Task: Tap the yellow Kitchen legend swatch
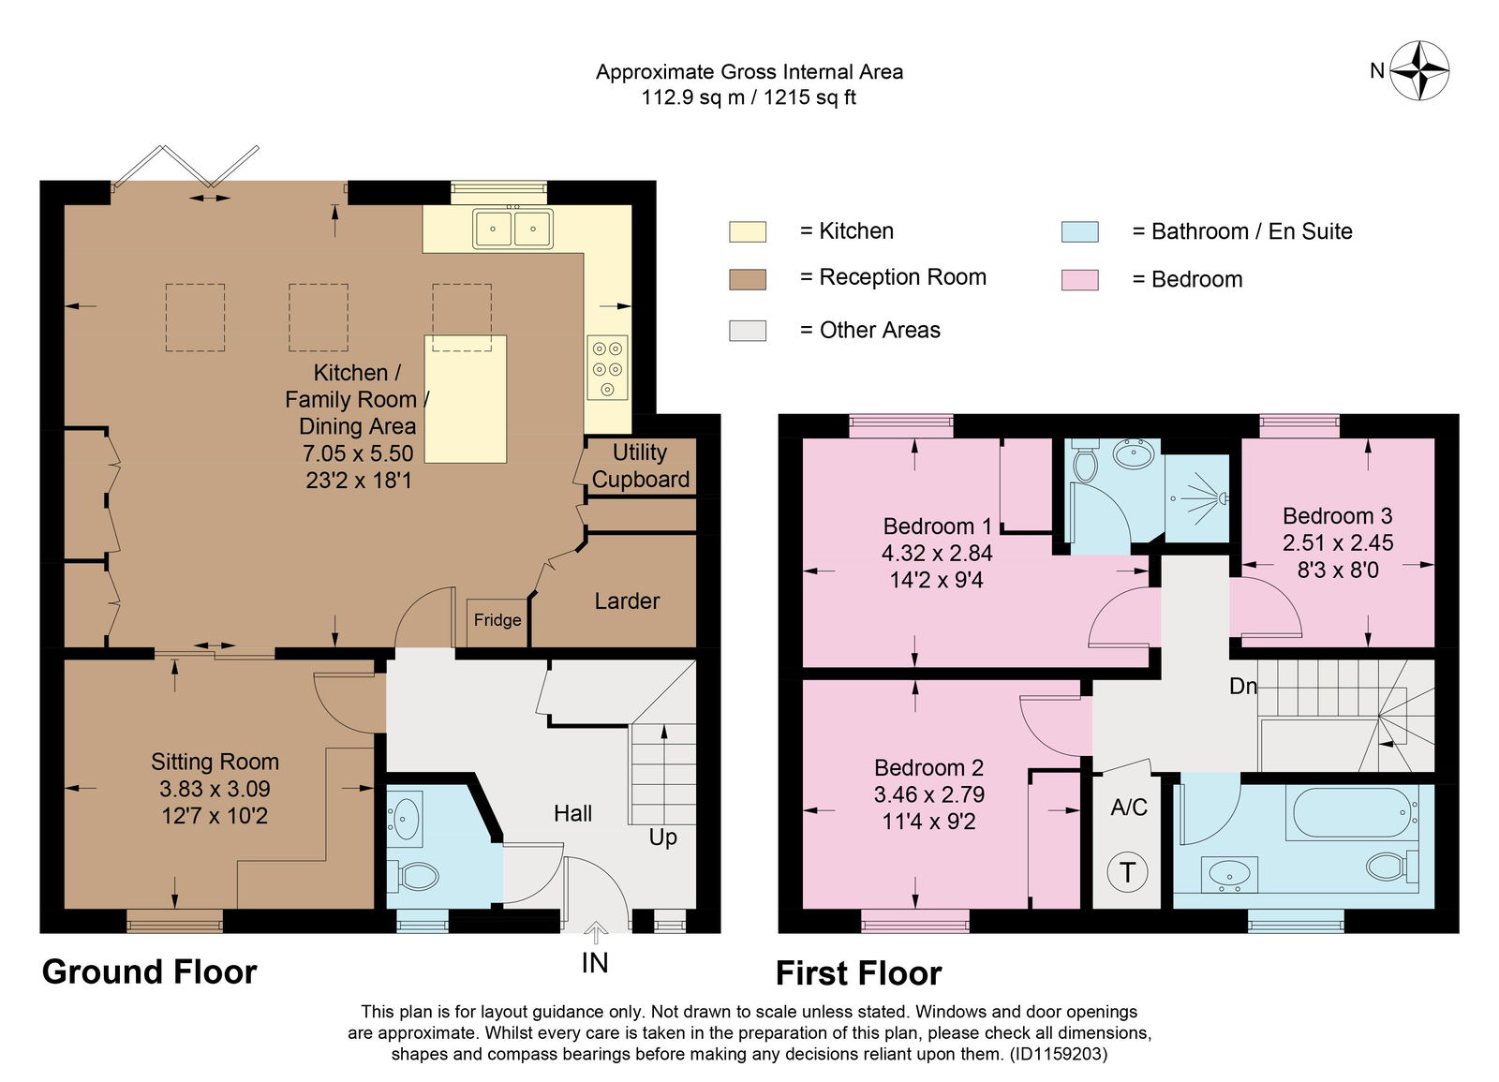(748, 231)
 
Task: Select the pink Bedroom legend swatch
(1079, 280)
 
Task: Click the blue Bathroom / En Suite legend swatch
(1079, 231)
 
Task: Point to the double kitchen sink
(512, 229)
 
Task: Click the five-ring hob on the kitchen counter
(608, 367)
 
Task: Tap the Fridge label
(497, 619)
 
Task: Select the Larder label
(627, 600)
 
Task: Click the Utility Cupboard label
(641, 466)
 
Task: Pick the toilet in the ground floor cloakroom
(413, 875)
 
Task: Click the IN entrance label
(594, 963)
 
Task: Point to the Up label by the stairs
(662, 837)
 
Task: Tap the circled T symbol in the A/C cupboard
(1128, 872)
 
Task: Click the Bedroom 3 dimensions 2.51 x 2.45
(1338, 542)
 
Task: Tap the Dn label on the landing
(1243, 686)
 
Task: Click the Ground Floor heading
(149, 971)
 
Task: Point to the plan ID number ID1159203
(1057, 1055)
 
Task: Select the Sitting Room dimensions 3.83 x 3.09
(215, 788)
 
